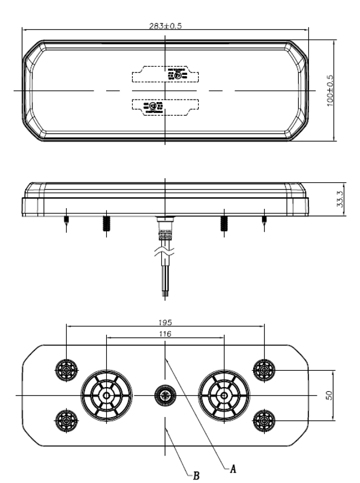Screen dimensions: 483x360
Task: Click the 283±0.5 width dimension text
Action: (165, 26)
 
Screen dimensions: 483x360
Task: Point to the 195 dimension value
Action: (165, 322)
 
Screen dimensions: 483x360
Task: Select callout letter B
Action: (195, 475)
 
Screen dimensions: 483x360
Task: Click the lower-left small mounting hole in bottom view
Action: (66, 421)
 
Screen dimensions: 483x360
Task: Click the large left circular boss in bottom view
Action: (106, 395)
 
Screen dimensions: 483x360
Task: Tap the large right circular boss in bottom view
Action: (224, 395)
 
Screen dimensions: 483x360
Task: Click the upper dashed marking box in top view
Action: (165, 74)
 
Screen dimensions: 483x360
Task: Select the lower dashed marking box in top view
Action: (165, 107)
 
